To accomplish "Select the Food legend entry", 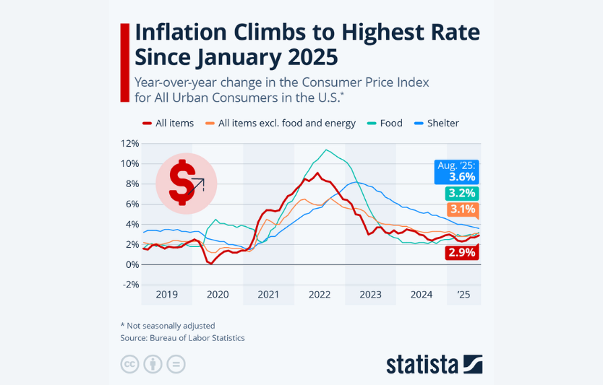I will click(390, 123).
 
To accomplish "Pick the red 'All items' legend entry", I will click(174, 123).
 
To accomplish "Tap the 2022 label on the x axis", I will click(319, 295).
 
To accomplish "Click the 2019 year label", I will click(166, 295).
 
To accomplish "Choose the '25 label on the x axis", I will click(463, 295).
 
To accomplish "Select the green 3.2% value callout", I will click(461, 193).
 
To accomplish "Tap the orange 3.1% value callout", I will click(461, 210).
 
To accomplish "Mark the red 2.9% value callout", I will click(461, 252).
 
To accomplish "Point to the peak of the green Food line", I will click(327, 150).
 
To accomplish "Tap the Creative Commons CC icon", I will click(129, 365).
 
